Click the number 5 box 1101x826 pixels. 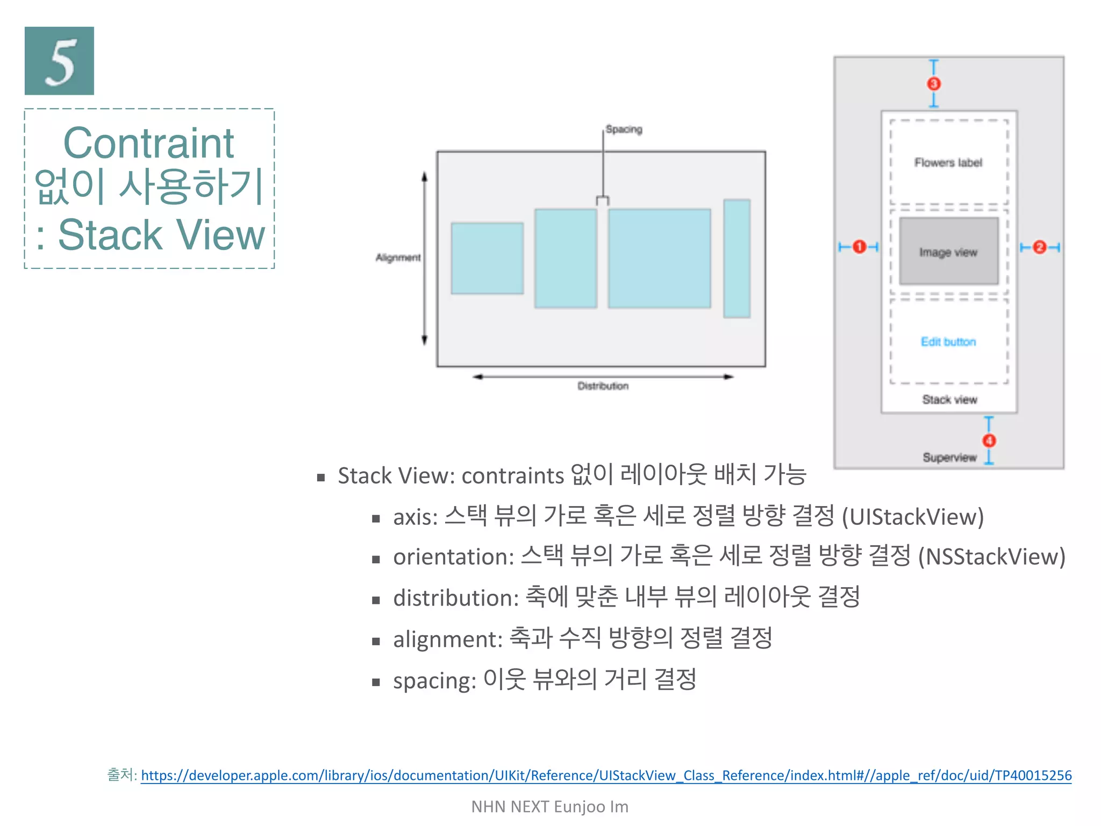coord(59,61)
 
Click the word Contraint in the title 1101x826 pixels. coord(148,143)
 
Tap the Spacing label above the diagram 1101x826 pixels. coord(624,130)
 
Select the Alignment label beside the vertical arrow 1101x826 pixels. coord(398,258)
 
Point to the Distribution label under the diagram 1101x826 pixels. coord(603,386)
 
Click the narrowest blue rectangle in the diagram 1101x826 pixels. coord(737,259)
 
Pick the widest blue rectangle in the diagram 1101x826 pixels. coord(659,259)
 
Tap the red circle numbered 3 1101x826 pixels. coord(934,84)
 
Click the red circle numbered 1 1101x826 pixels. coord(859,247)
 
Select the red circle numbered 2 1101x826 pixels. coord(1039,247)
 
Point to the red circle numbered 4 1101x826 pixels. coord(989,441)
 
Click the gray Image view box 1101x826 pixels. coord(948,252)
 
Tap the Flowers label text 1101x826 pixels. coord(948,163)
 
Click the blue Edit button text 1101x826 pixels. coord(948,342)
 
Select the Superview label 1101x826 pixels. coord(949,458)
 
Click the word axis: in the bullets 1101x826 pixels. coord(415,517)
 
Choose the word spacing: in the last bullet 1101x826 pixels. coord(434,681)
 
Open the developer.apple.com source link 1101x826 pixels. coord(606,775)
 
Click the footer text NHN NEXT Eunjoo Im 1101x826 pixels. coord(549,807)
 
